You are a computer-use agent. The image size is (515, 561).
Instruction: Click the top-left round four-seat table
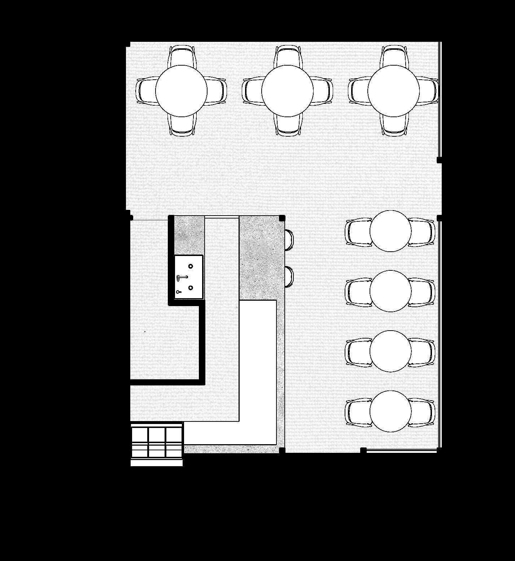pos(181,91)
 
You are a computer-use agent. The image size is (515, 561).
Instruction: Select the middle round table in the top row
pos(287,91)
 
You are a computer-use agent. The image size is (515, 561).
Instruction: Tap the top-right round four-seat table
pos(393,91)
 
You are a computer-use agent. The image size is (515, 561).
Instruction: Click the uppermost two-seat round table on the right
pos(390,231)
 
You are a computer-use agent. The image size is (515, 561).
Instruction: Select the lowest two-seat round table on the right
pos(390,411)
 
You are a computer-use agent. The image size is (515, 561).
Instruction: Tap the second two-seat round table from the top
pos(390,291)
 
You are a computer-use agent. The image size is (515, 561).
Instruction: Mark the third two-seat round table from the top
pos(390,351)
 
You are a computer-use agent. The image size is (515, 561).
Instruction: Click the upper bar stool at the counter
pos(289,239)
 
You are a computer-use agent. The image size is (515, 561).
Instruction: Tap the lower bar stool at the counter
pos(289,277)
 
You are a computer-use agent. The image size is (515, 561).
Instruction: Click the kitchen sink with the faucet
pos(189,277)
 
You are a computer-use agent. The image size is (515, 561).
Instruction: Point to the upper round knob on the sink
pos(191,266)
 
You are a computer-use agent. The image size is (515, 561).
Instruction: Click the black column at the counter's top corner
pos(282,218)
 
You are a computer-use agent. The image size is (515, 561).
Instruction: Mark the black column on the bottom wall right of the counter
pos(363,450)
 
